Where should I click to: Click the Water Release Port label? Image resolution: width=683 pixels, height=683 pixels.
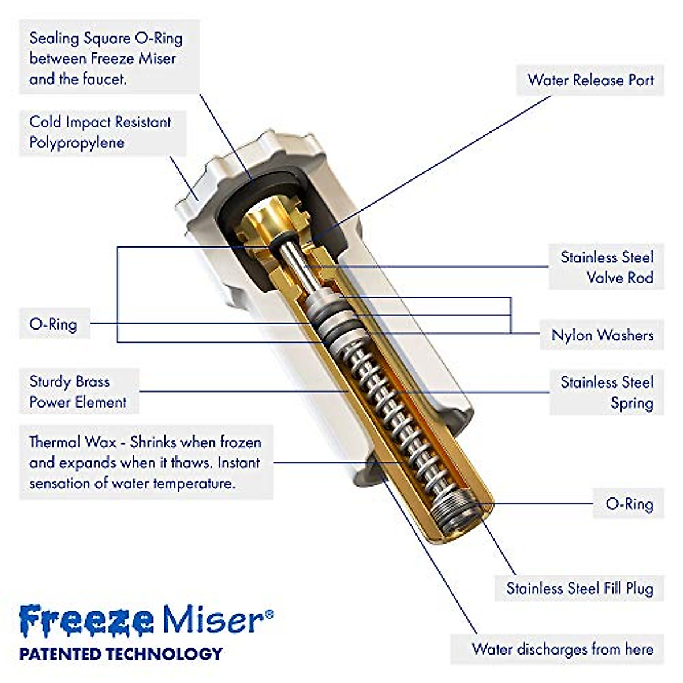click(590, 80)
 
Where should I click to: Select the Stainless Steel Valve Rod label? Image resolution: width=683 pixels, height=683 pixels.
click(606, 268)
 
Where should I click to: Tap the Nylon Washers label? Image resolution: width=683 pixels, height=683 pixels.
click(602, 335)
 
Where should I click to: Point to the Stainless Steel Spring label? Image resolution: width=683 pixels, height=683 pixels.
click(607, 392)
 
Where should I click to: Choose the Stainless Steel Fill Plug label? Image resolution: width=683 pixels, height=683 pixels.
click(579, 588)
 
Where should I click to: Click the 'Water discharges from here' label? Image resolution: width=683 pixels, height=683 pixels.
click(562, 649)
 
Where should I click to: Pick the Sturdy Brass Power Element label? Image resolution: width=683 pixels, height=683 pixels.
click(78, 392)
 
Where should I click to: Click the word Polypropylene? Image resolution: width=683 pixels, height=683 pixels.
click(76, 142)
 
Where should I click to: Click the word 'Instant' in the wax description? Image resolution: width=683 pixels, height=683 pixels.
click(238, 463)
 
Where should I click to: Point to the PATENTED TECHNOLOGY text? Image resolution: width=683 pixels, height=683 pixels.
click(121, 653)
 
